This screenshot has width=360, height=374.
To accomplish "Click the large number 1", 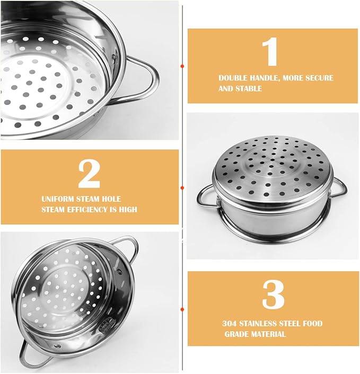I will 270,52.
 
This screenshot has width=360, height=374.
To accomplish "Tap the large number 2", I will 89,173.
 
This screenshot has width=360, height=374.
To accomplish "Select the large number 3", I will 273,295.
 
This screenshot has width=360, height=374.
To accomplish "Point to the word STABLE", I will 248,88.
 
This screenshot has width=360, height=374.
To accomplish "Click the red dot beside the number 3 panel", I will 182,309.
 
